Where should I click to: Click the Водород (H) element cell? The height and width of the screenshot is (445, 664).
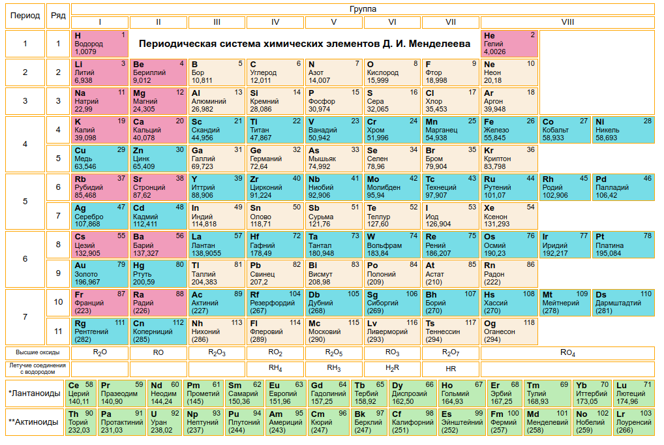pyautogui.click(x=100, y=43)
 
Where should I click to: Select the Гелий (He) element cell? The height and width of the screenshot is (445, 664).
pyautogui.click(x=509, y=43)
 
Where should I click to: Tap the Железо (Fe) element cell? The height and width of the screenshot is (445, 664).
pyautogui.click(x=509, y=130)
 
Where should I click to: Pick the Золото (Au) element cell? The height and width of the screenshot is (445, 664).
pyautogui.click(x=100, y=273)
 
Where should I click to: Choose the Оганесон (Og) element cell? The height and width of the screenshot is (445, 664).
pyautogui.click(x=509, y=331)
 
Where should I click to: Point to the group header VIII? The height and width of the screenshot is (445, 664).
pyautogui.click(x=567, y=22)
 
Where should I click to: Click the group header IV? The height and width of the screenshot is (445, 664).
pyautogui.click(x=275, y=22)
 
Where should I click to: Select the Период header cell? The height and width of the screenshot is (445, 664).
pyautogui.click(x=25, y=16)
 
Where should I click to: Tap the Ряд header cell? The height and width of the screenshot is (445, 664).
pyautogui.click(x=57, y=16)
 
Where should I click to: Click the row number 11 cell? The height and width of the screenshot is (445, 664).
pyautogui.click(x=57, y=331)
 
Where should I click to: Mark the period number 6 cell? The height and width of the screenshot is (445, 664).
pyautogui.click(x=25, y=259)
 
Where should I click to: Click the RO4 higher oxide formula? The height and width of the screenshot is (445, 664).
pyautogui.click(x=567, y=353)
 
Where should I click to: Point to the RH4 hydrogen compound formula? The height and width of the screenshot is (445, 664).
pyautogui.click(x=275, y=369)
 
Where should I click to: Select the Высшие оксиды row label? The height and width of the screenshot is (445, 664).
pyautogui.click(x=37, y=353)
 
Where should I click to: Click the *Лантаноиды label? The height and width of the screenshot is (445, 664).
pyautogui.click(x=34, y=393)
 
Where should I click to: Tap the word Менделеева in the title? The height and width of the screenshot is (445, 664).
pyautogui.click(x=433, y=44)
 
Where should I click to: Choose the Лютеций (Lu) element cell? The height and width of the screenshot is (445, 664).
pyautogui.click(x=634, y=393)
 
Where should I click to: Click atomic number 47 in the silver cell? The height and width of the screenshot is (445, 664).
pyautogui.click(x=121, y=207)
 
